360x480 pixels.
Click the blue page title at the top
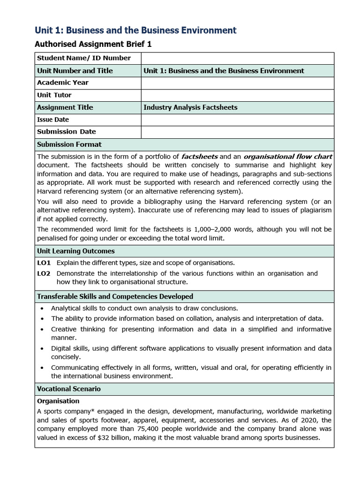point(135,30)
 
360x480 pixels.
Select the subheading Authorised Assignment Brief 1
point(93,45)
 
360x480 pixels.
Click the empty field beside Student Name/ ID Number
point(237,58)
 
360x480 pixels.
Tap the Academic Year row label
point(63,82)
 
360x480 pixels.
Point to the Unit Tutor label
point(54,95)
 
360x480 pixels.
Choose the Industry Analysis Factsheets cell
point(190,107)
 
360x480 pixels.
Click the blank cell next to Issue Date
point(237,120)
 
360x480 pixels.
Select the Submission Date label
point(66,132)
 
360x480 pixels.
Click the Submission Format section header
point(69,144)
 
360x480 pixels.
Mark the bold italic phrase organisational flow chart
point(288,157)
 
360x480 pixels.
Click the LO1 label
point(44,262)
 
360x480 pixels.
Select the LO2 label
point(44,273)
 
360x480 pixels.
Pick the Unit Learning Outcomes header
point(76,251)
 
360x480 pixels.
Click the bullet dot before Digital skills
point(43,349)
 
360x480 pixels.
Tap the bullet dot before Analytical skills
point(43,308)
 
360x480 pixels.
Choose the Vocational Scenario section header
point(69,389)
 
